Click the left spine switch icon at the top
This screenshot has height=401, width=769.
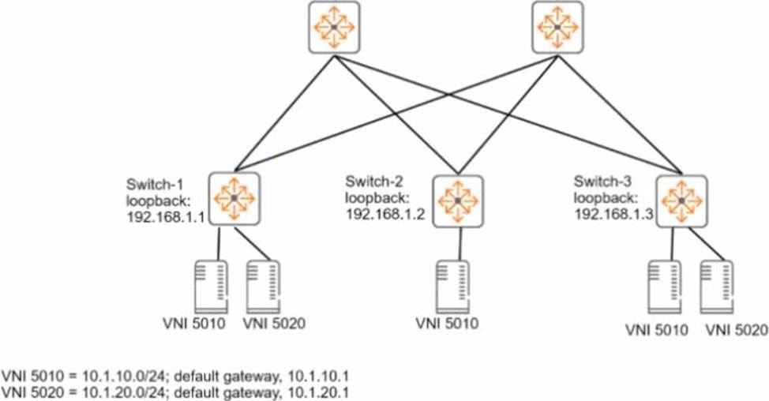(x=332, y=27)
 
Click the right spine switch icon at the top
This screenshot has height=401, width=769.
(x=557, y=27)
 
